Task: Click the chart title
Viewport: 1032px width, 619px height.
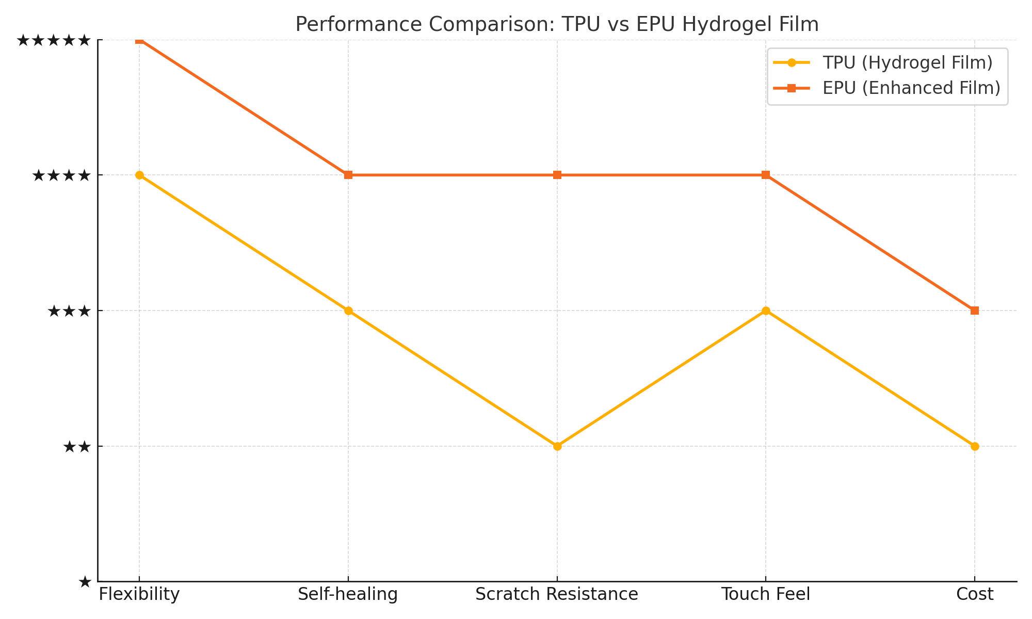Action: (557, 25)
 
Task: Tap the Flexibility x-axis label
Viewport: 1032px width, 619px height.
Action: (139, 595)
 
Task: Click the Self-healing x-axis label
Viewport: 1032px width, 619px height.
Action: (348, 595)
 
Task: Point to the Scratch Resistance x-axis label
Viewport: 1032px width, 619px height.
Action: (557, 595)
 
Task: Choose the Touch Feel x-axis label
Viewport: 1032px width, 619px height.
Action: (766, 595)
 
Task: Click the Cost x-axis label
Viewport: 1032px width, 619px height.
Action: (975, 595)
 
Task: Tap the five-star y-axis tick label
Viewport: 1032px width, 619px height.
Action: (54, 40)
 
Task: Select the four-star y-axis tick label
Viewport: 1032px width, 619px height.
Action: (61, 176)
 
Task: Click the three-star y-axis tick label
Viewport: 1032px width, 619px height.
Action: (69, 311)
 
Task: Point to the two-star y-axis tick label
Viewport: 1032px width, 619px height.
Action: (77, 447)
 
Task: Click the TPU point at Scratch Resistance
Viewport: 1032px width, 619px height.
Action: (557, 446)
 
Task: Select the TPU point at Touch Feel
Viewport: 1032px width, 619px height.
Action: (766, 311)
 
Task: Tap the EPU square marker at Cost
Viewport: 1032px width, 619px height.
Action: (975, 311)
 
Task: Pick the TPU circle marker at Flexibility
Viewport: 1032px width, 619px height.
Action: (139, 175)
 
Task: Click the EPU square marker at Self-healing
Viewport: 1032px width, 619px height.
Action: (348, 175)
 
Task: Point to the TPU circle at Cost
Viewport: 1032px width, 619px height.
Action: (975, 446)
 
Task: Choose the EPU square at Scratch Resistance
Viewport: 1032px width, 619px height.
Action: (557, 175)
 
